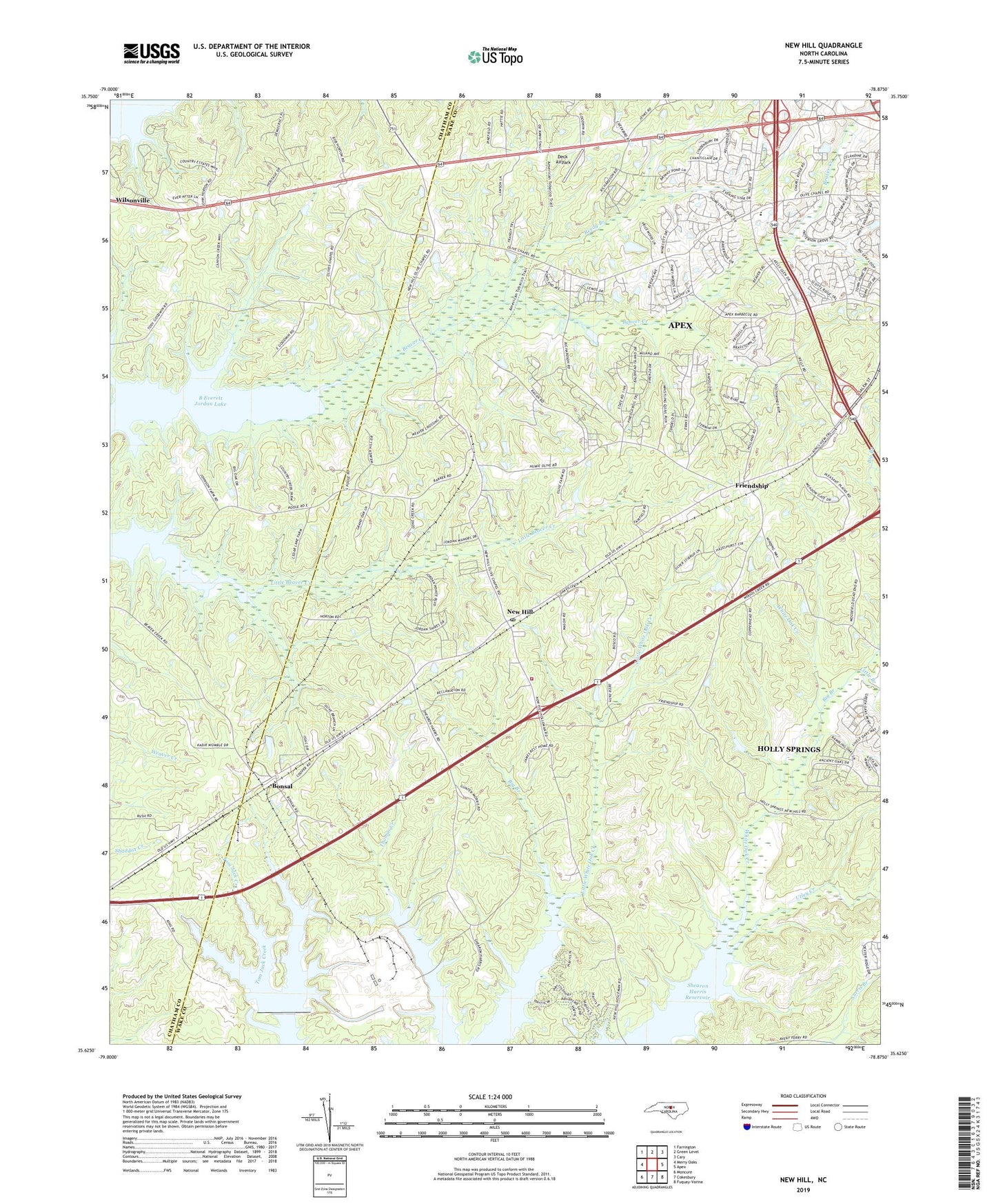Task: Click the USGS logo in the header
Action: coord(152,53)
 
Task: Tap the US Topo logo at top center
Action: coord(495,57)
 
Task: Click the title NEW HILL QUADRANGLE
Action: coord(823,46)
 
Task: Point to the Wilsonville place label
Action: coord(133,200)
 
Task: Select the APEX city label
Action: coord(680,325)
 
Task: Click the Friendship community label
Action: coord(751,485)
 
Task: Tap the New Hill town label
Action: coord(520,612)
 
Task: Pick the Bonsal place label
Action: coord(281,786)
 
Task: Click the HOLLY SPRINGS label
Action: coord(789,749)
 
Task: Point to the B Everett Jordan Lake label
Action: coord(212,401)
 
